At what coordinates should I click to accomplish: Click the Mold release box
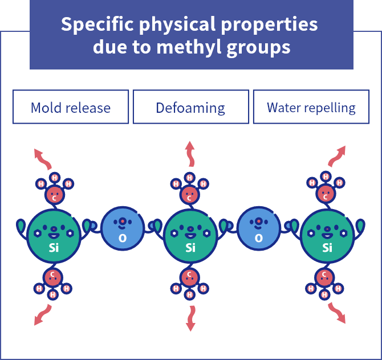point(71,107)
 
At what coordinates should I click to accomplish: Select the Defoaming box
point(190,107)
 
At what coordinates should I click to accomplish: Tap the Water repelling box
point(311,107)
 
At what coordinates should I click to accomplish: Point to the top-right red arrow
point(338,155)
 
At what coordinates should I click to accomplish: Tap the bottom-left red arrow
point(42,315)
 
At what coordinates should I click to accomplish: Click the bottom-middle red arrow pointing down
point(190,318)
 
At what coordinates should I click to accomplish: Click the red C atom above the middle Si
point(190,195)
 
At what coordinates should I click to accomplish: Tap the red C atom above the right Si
point(326,194)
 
